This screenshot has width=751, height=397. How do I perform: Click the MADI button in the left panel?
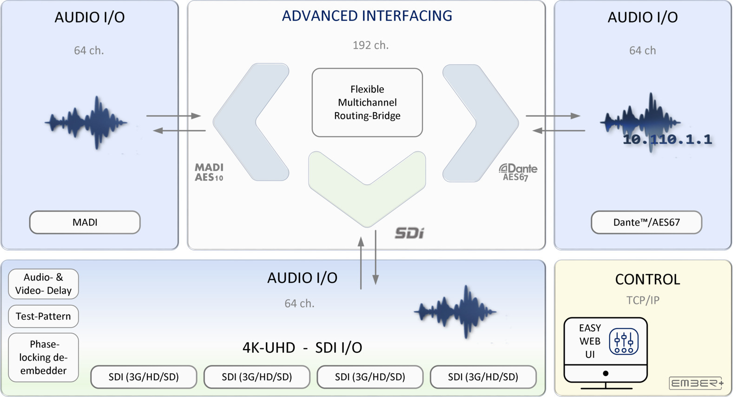coord(85,222)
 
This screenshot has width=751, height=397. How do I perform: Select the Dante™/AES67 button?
coord(646,222)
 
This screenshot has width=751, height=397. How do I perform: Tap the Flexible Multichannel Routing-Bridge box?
coord(367,102)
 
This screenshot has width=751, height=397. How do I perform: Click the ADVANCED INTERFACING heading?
coord(367,16)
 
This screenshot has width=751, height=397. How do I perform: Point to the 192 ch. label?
coord(370,46)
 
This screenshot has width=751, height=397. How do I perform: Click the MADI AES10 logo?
coord(209,172)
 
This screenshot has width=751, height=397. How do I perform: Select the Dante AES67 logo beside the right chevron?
coord(518,172)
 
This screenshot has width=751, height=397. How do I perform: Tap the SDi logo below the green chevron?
coord(409,233)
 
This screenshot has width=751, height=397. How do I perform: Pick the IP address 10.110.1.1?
coord(667,140)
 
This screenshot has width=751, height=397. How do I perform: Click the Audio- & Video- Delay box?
coord(43,284)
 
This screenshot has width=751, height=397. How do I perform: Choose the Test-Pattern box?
coord(43,316)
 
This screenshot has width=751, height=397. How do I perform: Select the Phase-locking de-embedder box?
coord(43,357)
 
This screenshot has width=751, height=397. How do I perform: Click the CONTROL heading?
coord(647,279)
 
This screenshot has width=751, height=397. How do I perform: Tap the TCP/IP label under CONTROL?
coord(643,300)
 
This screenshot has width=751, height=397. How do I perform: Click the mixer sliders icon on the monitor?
coord(623,342)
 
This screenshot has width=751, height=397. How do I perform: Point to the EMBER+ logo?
coord(696,383)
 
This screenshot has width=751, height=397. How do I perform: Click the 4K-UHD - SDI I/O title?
coord(302,348)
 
